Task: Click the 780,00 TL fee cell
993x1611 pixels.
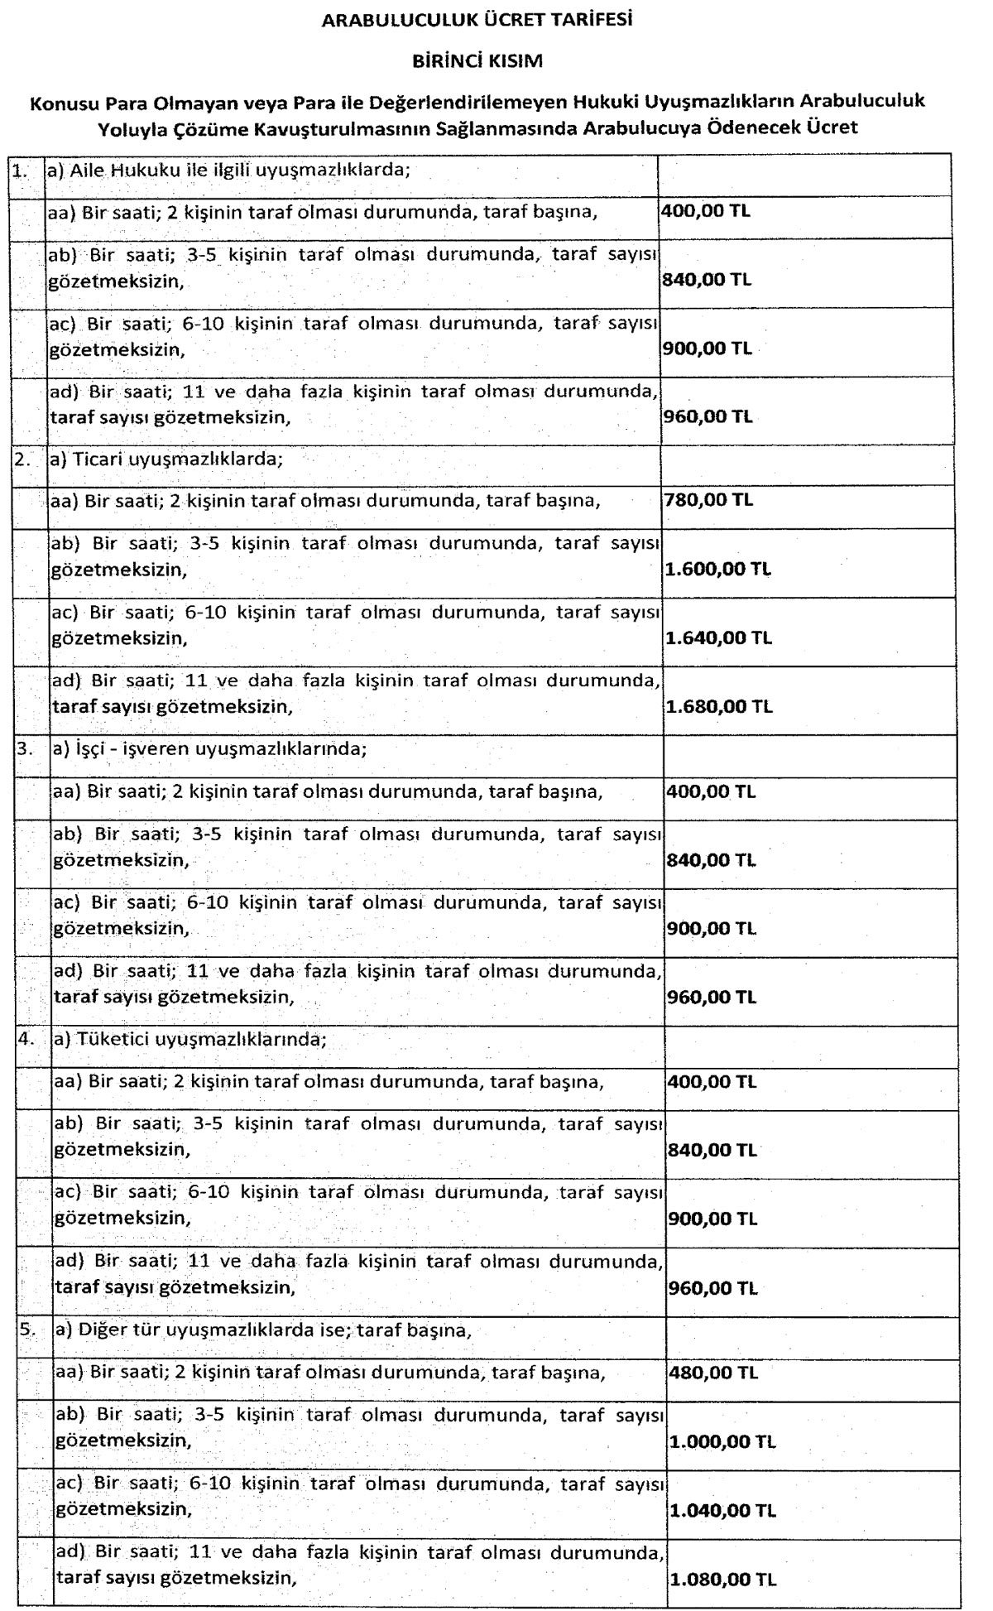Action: coord(708,500)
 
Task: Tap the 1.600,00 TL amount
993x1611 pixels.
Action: coord(717,570)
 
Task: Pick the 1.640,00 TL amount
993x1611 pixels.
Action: coord(718,638)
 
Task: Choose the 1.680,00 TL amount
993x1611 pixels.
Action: coord(718,707)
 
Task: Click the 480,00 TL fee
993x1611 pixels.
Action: coord(712,1373)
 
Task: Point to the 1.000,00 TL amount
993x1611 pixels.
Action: coord(722,1442)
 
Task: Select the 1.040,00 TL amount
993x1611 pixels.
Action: coord(722,1511)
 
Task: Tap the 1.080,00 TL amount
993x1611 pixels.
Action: coord(722,1580)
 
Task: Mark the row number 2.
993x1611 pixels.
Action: coord(22,459)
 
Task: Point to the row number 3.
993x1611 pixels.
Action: coord(24,749)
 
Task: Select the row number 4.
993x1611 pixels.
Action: coord(25,1040)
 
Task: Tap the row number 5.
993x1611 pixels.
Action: coord(27,1330)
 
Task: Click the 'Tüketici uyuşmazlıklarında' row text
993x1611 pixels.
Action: coord(198,1040)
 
